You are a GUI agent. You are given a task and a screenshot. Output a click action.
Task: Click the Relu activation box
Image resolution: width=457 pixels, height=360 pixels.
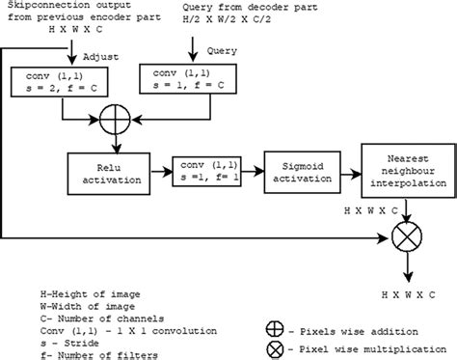pos(107,172)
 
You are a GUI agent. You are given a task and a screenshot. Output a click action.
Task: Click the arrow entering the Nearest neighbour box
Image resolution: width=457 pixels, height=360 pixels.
pos(349,165)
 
